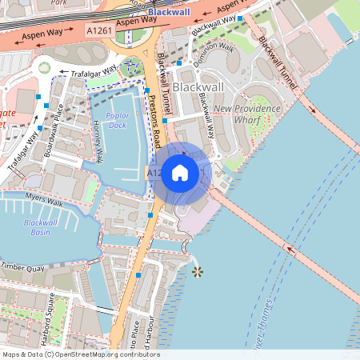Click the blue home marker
[180, 173]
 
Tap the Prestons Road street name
[155, 120]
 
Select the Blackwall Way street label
[205, 112]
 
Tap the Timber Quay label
[22, 266]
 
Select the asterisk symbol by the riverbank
[198, 272]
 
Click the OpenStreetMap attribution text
[81, 354]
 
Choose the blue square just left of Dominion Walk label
[180, 62]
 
